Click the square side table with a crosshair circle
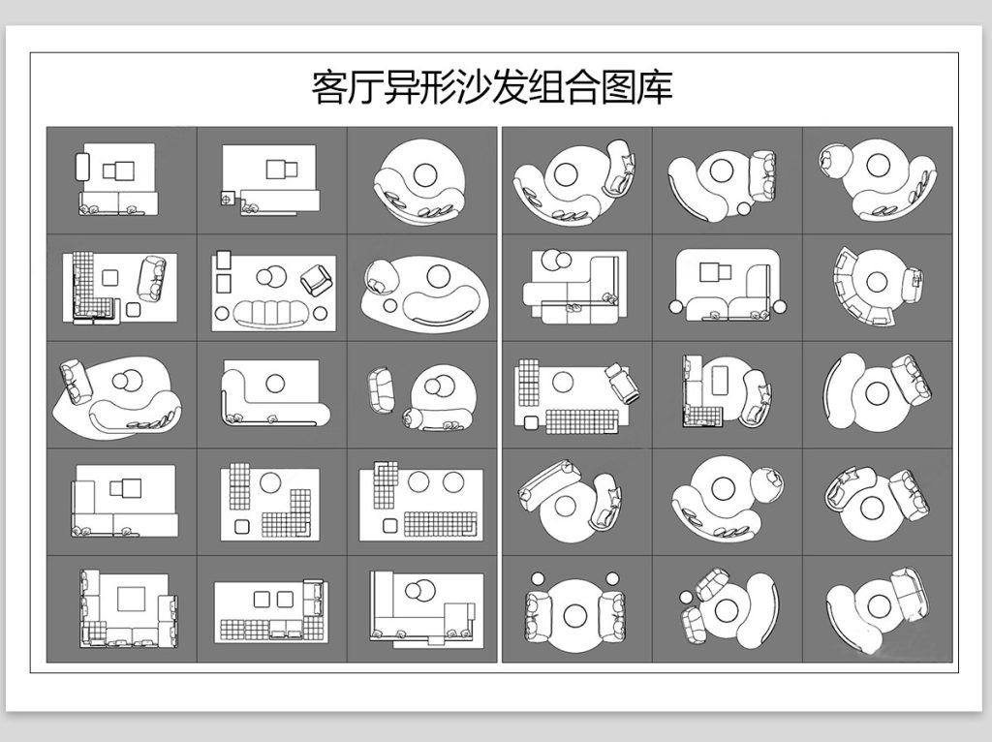coord(227,199)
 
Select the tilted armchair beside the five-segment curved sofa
coord(316,280)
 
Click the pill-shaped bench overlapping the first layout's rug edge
coord(82,167)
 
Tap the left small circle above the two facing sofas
coord(538,578)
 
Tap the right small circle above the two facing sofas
coord(612,578)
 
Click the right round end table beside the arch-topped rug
coord(780,307)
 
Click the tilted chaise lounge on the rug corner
coord(623,382)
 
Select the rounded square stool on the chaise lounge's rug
coord(531,422)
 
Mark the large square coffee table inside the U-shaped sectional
coord(132,599)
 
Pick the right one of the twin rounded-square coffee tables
coord(285,599)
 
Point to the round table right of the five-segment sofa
coord(321,313)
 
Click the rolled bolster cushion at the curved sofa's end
coord(414,417)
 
